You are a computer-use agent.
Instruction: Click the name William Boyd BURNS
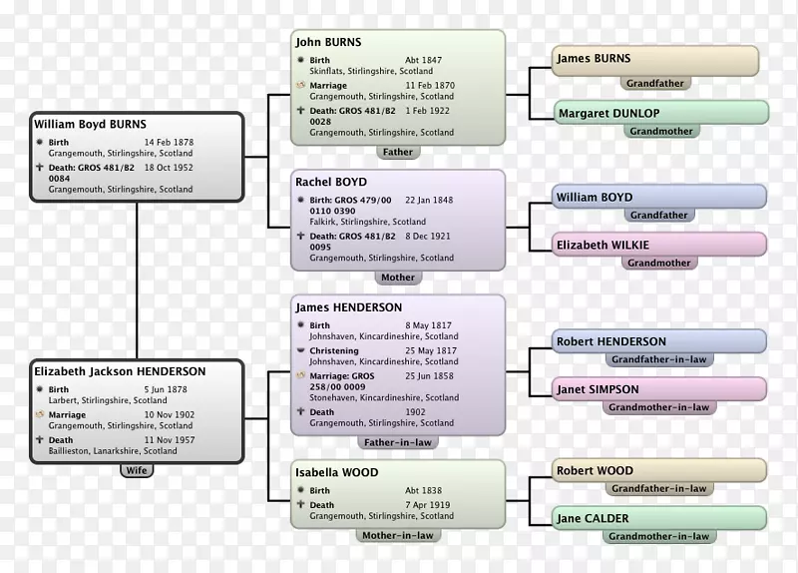coord(91,125)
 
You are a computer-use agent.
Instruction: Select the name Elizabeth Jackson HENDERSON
coord(120,371)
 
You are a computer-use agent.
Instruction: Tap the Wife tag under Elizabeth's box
coord(136,469)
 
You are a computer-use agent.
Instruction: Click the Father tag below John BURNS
coord(397,152)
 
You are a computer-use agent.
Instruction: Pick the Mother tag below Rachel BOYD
coord(397,278)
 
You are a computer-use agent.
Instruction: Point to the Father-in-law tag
coord(397,441)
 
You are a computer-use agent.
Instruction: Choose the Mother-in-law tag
coord(397,535)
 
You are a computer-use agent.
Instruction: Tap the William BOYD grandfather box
coord(658,198)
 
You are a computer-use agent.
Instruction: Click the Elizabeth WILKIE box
coord(658,246)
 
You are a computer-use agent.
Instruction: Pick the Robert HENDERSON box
coord(658,341)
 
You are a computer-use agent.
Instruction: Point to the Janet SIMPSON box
coord(658,389)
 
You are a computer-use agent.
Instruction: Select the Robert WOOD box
coord(658,471)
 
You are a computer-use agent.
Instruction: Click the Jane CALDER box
coord(658,518)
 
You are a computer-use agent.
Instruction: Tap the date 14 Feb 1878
coord(169,143)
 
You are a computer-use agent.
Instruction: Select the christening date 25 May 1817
coord(431,351)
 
